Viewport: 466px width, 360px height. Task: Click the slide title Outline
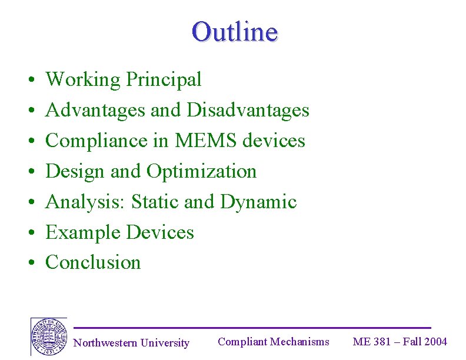tap(234, 31)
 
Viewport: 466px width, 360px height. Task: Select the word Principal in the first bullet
tap(164, 79)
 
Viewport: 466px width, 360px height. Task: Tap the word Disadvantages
tap(248, 110)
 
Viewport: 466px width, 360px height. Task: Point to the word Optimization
tap(201, 171)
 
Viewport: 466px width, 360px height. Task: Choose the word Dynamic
tap(258, 202)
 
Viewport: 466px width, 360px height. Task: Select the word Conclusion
tap(93, 262)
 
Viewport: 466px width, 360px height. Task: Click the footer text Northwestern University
tap(131, 343)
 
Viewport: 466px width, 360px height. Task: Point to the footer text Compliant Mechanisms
tap(274, 342)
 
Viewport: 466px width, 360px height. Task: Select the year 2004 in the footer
tap(436, 342)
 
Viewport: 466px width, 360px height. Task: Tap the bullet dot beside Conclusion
tap(29, 263)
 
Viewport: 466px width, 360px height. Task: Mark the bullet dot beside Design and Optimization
tap(29, 172)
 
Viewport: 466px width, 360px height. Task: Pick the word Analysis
tap(85, 202)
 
